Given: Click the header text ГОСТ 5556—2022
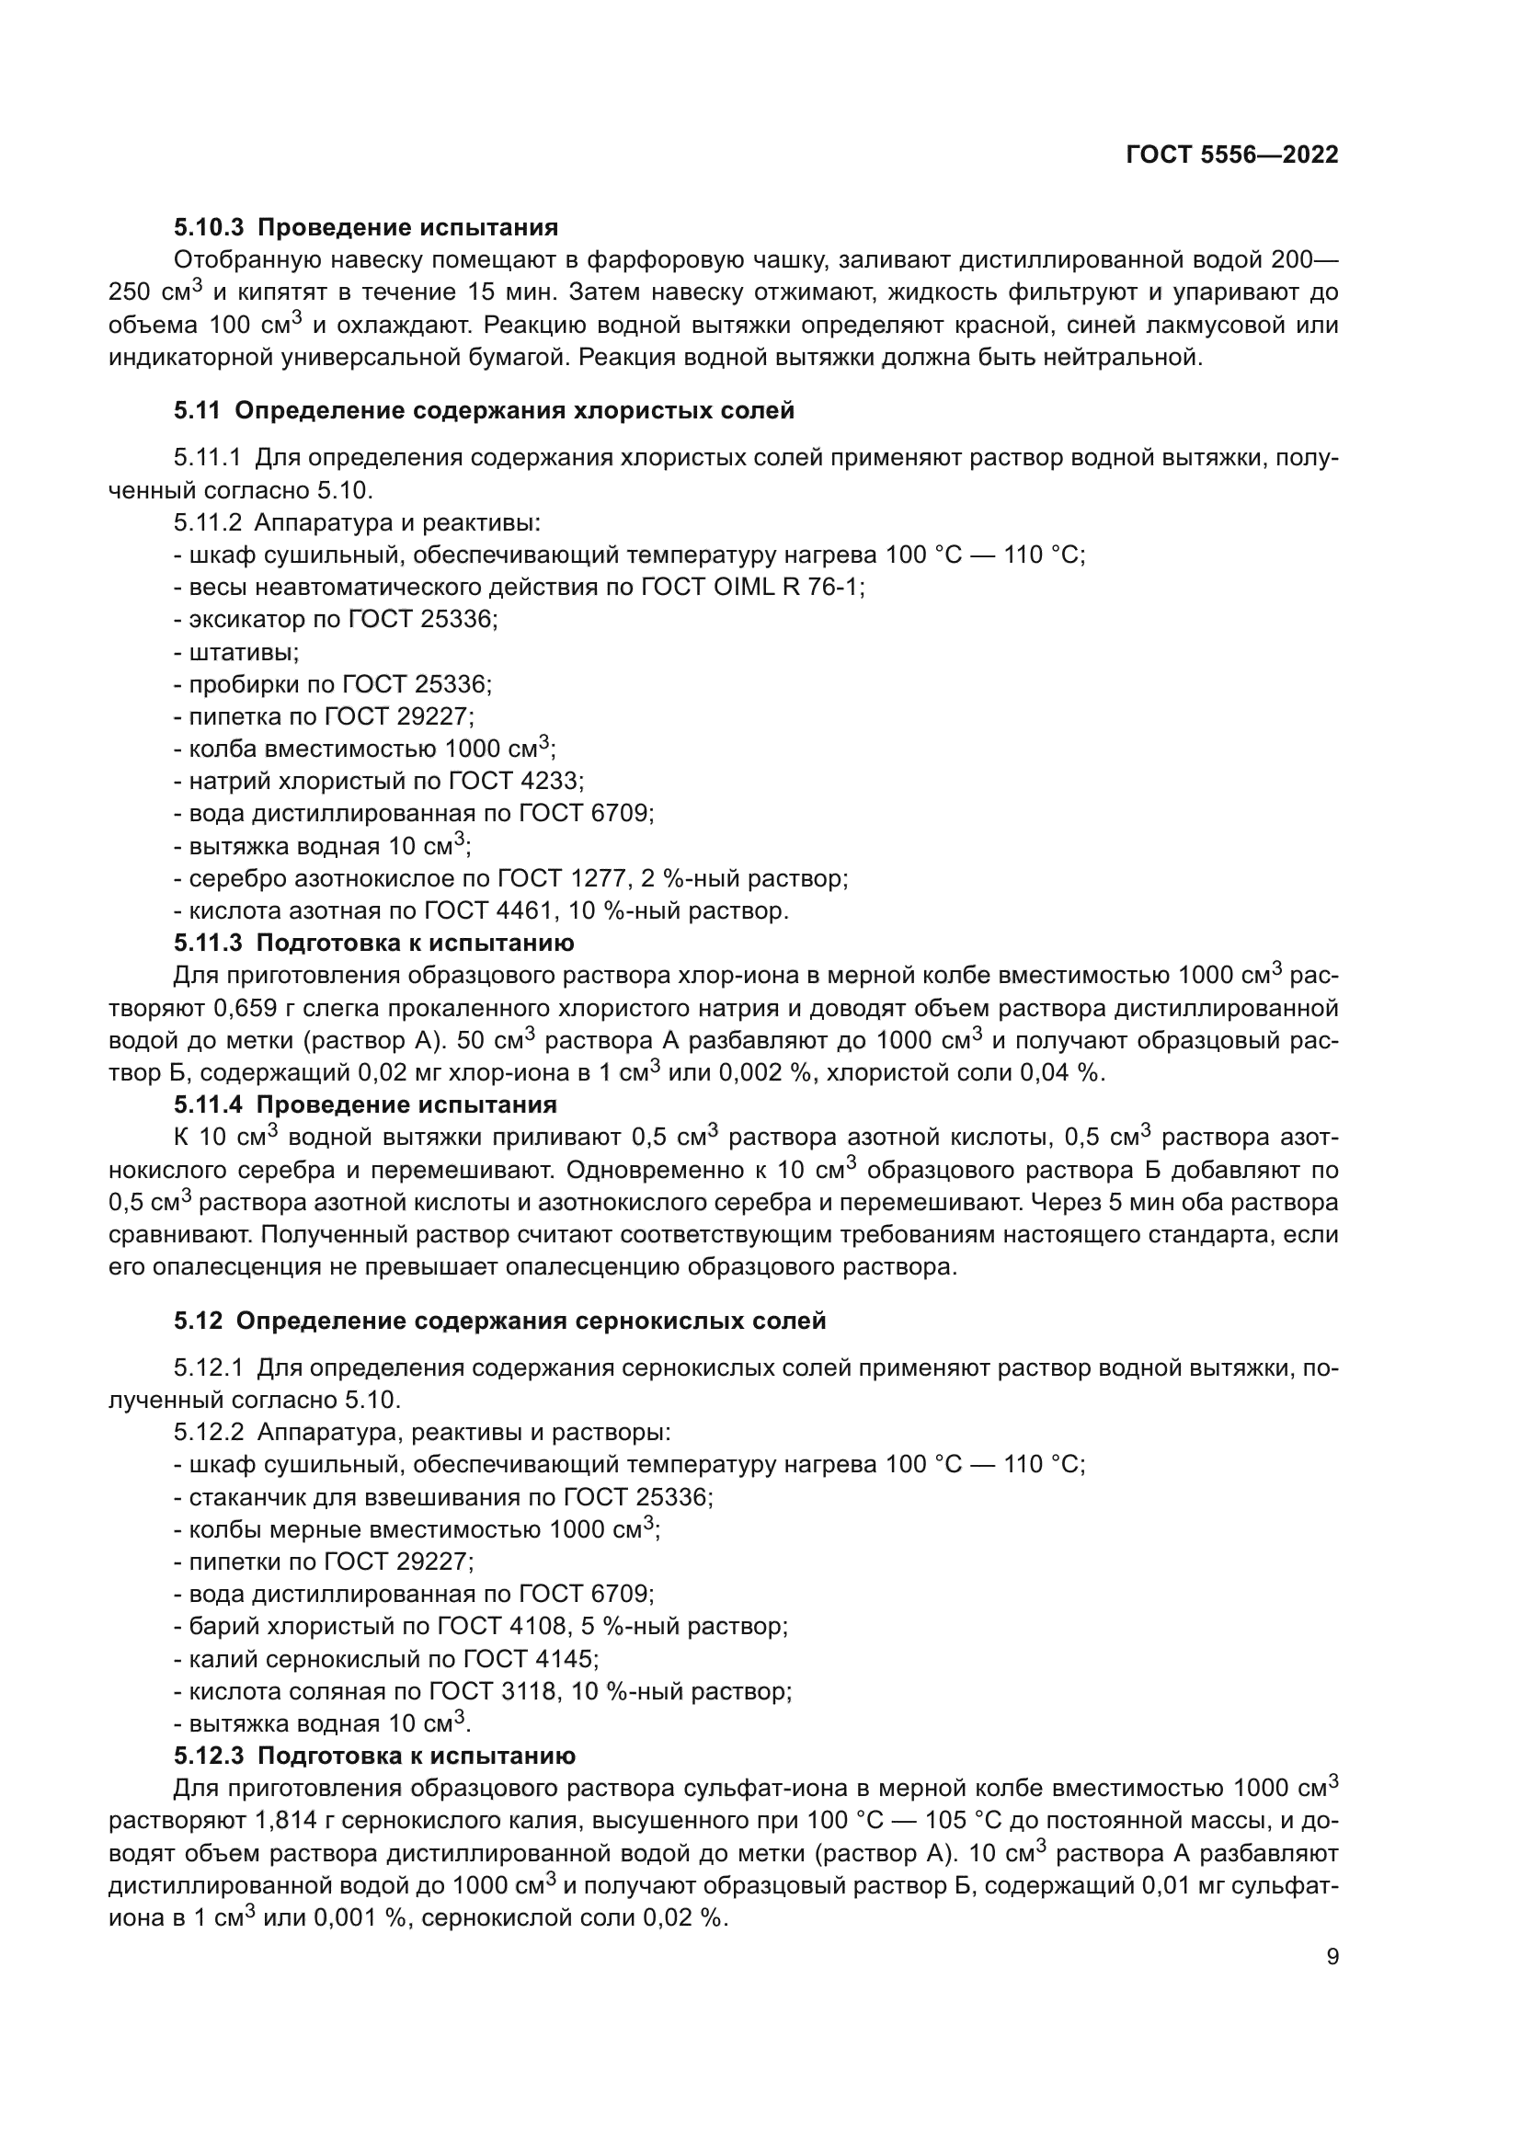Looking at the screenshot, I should coord(1231,154).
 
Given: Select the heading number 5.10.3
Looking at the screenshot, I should coord(208,227).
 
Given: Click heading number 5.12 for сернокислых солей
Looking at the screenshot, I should coord(198,1321).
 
